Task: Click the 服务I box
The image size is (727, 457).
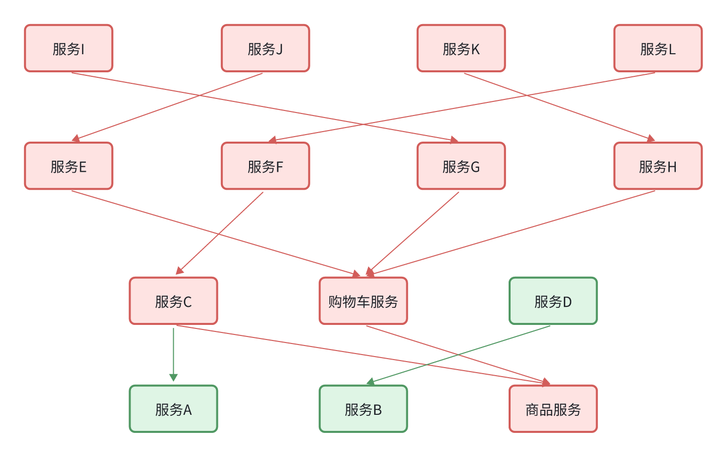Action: pyautogui.click(x=69, y=48)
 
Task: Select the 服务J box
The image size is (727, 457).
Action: pyautogui.click(x=265, y=48)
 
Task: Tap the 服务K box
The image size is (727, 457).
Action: pyautogui.click(x=461, y=48)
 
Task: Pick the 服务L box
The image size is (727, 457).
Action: pyautogui.click(x=658, y=48)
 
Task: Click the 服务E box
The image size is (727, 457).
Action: pyautogui.click(x=69, y=166)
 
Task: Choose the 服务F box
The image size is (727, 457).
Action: pyautogui.click(x=265, y=166)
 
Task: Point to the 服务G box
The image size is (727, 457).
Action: pyautogui.click(x=461, y=166)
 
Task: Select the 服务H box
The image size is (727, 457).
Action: pyautogui.click(x=658, y=166)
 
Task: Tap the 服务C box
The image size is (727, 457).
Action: pyautogui.click(x=173, y=301)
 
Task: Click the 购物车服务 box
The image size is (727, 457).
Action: pyautogui.click(x=363, y=301)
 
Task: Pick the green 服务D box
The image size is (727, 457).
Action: pyautogui.click(x=553, y=301)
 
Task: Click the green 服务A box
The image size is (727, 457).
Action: pyautogui.click(x=173, y=409)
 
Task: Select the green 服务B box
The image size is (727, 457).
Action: pyautogui.click(x=363, y=409)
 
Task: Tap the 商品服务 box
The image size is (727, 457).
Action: pyautogui.click(x=553, y=409)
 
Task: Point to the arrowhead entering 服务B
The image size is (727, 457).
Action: pyautogui.click(x=371, y=383)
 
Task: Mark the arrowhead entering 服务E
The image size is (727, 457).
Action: pyautogui.click(x=76, y=139)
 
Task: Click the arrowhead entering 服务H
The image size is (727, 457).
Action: pyautogui.click(x=651, y=139)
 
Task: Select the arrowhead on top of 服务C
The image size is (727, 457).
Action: pyautogui.click(x=180, y=271)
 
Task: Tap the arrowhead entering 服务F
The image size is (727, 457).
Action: pyautogui.click(x=273, y=140)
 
